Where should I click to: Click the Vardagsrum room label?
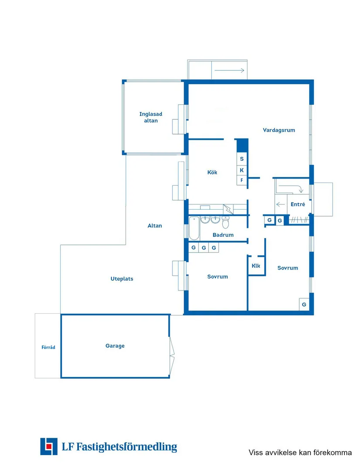click(279, 130)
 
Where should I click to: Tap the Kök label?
click(212, 172)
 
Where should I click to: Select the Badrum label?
click(223, 235)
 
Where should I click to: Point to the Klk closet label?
click(256, 266)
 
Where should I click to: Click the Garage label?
click(115, 346)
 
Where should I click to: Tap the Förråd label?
click(48, 347)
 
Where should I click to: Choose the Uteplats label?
click(122, 279)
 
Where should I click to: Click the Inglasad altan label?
click(151, 117)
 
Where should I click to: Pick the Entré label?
click(298, 204)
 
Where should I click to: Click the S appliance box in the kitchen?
click(242, 159)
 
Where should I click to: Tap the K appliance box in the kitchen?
click(242, 170)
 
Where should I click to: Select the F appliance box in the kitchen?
click(242, 180)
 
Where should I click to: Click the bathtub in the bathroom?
click(194, 228)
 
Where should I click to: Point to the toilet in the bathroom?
click(226, 222)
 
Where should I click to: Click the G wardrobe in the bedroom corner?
click(304, 304)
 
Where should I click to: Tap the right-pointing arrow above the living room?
click(229, 70)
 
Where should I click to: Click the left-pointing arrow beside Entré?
click(280, 204)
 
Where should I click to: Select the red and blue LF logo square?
click(49, 446)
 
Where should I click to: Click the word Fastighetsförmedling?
click(127, 447)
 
